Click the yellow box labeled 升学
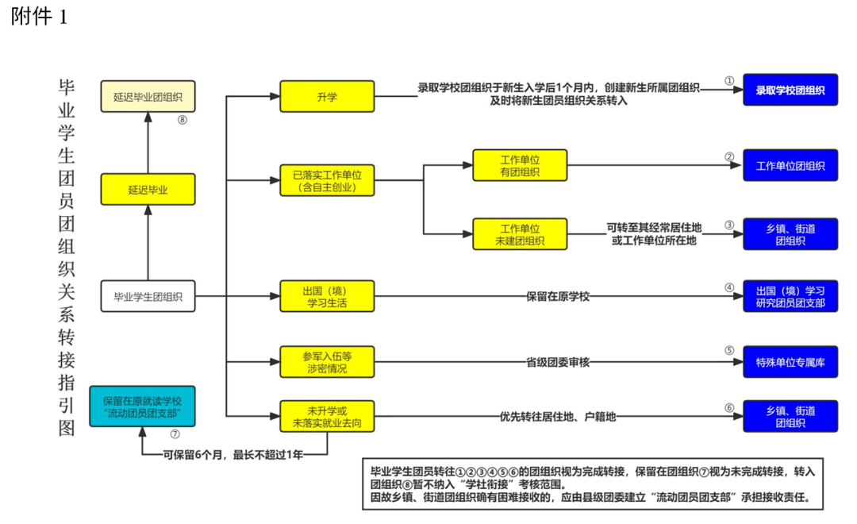coord(327,97)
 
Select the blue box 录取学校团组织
coord(790,91)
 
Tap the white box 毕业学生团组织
coord(148,297)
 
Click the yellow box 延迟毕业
coord(148,190)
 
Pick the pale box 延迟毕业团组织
coord(148,97)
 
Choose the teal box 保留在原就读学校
coord(142,406)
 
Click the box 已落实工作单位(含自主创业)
coord(327,181)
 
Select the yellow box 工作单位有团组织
coord(520,165)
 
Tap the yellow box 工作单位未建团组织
coord(520,234)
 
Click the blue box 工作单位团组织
coord(790,166)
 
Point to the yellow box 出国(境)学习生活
coord(327,296)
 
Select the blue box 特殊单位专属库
coord(790,362)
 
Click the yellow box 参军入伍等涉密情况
coord(327,362)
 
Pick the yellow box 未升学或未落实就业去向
coord(327,417)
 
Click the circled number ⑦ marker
coord(175,434)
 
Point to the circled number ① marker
coord(729,81)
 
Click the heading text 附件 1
coord(39,17)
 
